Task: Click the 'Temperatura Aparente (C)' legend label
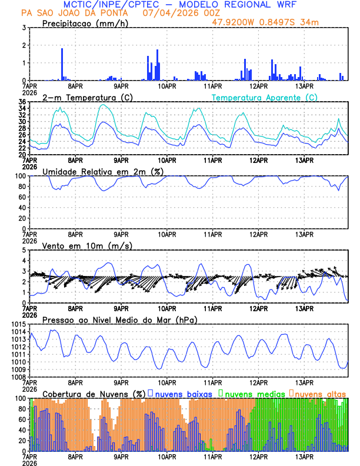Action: click(x=265, y=97)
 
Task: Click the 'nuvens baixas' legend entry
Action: click(x=183, y=393)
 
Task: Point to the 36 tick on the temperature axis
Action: click(x=22, y=102)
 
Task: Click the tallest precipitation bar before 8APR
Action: click(x=62, y=64)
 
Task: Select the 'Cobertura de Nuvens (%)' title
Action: click(x=94, y=393)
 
